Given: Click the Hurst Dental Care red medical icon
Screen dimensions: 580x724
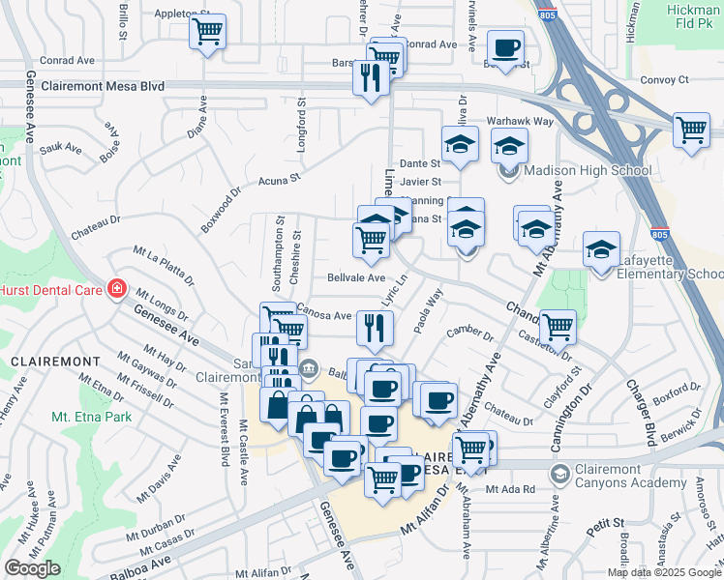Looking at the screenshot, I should (x=117, y=288).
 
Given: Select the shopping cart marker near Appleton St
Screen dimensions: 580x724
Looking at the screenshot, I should (x=207, y=33).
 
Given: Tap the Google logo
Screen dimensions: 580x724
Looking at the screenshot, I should (x=32, y=568).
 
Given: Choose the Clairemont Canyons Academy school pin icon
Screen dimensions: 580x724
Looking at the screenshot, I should (x=559, y=474).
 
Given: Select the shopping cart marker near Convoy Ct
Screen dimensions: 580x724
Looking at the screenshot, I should (x=691, y=130).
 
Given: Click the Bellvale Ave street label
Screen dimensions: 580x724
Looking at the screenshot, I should (x=356, y=277).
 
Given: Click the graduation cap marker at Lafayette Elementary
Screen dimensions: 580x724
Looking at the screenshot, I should (x=601, y=250).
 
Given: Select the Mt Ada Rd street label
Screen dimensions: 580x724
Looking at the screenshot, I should (x=510, y=489).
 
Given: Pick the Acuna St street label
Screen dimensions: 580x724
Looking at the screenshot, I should (x=280, y=179).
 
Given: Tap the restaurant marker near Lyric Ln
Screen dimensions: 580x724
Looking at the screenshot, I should (x=374, y=329).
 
